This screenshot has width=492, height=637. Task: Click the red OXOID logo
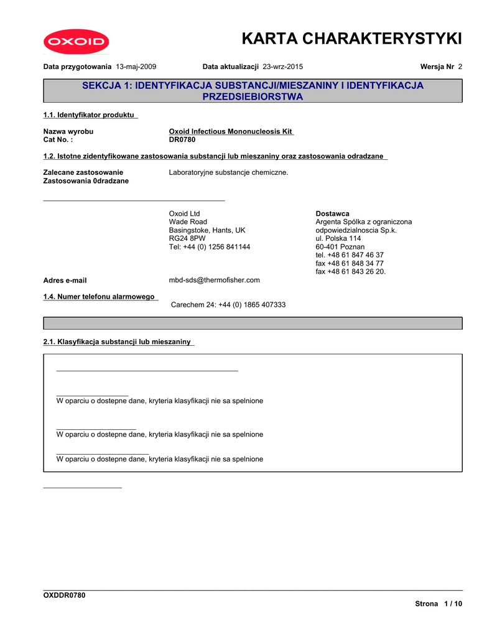(x=76, y=42)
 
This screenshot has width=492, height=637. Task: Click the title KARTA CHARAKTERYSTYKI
(x=352, y=39)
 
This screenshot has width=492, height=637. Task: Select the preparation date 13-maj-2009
(x=136, y=67)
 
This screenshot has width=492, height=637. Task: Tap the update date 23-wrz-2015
(x=283, y=67)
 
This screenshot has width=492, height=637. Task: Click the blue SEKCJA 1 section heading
(x=253, y=91)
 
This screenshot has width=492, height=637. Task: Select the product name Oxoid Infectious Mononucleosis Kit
(x=231, y=131)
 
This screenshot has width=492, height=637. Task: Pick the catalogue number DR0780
(x=182, y=139)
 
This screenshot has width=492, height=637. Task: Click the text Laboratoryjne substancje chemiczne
(x=229, y=172)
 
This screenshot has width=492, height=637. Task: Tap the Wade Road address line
(x=188, y=222)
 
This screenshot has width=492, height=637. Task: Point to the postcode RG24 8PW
(x=187, y=238)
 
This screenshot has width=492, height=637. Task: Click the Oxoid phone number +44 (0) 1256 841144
(x=210, y=247)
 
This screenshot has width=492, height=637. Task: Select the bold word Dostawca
(x=332, y=214)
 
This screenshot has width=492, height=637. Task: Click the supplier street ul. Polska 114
(x=338, y=238)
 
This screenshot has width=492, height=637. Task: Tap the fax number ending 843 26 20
(x=350, y=271)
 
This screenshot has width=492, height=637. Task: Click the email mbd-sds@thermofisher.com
(x=215, y=280)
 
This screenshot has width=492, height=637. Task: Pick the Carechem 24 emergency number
(x=228, y=305)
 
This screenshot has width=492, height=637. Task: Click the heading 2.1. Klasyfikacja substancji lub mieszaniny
(x=118, y=342)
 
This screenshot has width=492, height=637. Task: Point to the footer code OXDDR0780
(x=64, y=595)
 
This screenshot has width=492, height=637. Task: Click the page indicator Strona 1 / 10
(x=439, y=604)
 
